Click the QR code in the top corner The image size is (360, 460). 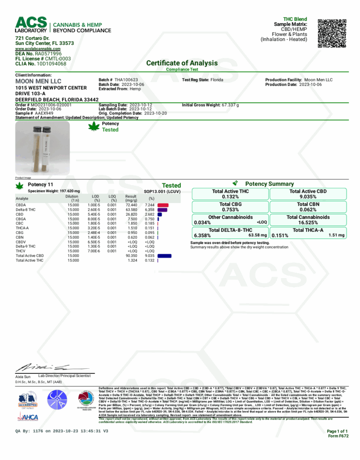[x=332, y=33]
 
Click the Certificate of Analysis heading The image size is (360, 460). [x=182, y=63]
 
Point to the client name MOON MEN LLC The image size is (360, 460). [x=38, y=81]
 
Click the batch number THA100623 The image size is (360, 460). [x=126, y=80]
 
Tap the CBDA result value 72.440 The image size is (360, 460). [x=131, y=205]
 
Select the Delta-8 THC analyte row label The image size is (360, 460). [x=26, y=210]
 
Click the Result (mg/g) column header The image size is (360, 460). [x=131, y=198]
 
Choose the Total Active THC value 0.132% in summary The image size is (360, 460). [x=230, y=197]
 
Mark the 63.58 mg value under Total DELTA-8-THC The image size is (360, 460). [x=258, y=235]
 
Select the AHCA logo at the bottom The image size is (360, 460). [x=28, y=417]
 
